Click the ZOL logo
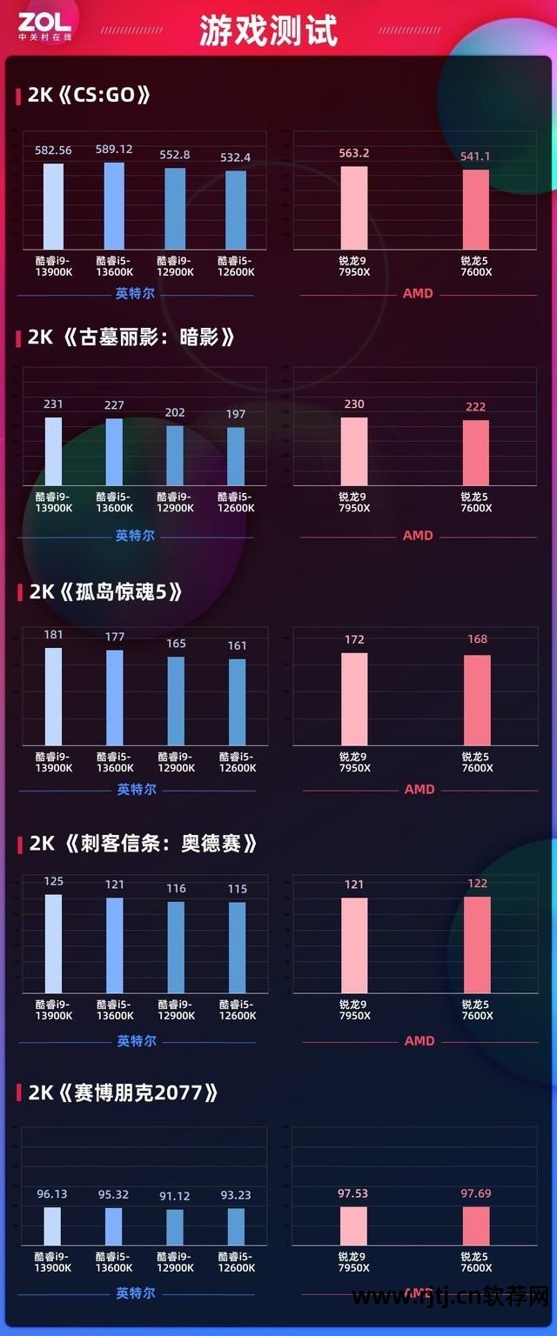44,26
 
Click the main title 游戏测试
268,31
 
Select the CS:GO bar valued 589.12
114,205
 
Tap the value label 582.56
53,150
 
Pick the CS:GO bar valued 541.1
476,209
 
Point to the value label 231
53,404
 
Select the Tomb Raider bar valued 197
236,456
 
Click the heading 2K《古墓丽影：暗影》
131,337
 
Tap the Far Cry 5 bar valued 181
54,697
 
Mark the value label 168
477,639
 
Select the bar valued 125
54,944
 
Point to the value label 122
477,883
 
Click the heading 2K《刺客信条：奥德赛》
143,844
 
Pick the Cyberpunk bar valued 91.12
175,1227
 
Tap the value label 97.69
477,1194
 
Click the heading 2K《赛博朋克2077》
122,1093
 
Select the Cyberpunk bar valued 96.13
52,1226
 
